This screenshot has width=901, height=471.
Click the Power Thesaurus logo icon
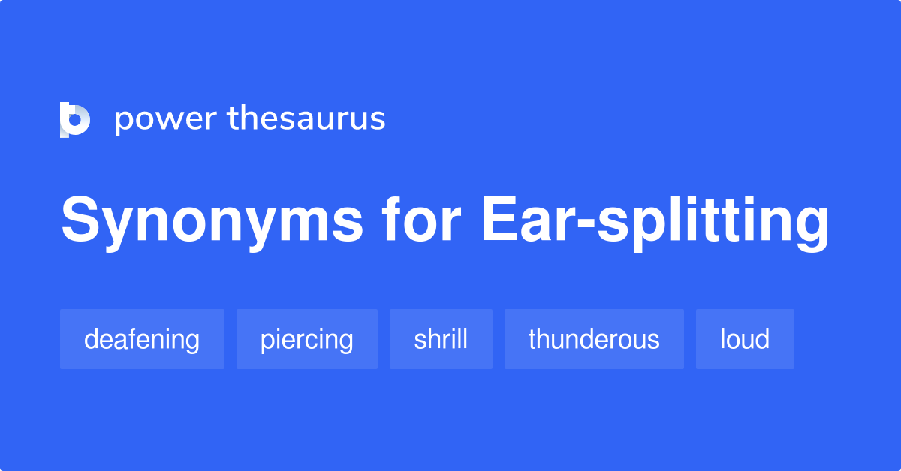pyautogui.click(x=74, y=119)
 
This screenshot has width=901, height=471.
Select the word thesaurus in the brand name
pyautogui.click(x=306, y=118)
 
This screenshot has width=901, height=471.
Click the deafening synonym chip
pyautogui.click(x=142, y=339)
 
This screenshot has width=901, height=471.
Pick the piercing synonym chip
pyautogui.click(x=306, y=339)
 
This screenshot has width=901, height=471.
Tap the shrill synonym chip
pyautogui.click(x=441, y=339)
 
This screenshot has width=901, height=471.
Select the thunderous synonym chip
pyautogui.click(x=594, y=339)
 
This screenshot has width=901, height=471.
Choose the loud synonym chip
pyautogui.click(x=745, y=339)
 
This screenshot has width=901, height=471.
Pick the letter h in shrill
pyautogui.click(x=431, y=339)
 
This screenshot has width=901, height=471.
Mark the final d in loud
pyautogui.click(x=763, y=339)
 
